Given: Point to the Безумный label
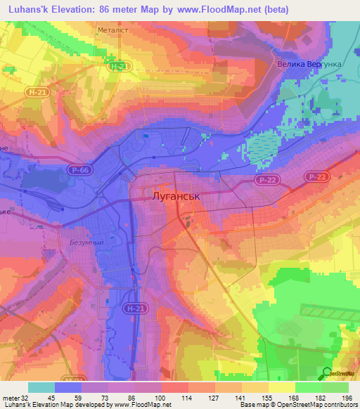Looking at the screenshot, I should coord(87,242).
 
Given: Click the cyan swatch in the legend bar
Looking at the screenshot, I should coord(41,387).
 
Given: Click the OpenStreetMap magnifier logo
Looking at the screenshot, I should coord(328,372).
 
